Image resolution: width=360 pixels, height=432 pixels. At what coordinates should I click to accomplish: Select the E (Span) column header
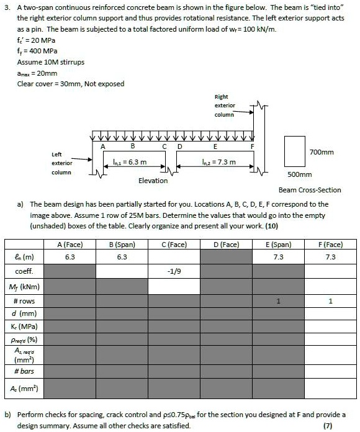[x=282, y=245]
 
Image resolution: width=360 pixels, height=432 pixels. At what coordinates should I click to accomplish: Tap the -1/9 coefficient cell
[x=174, y=271]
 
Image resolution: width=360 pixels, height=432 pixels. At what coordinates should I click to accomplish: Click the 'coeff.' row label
[x=23, y=271]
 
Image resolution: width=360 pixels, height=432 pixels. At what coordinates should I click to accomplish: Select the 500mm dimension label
[x=299, y=175]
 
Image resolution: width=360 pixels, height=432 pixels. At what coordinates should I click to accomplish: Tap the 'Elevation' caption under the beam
[x=153, y=181]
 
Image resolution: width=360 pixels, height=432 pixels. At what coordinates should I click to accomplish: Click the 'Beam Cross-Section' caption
[x=309, y=190]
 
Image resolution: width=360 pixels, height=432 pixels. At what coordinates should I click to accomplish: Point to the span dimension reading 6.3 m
[x=133, y=163]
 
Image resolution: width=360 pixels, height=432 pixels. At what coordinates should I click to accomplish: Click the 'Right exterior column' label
[x=224, y=106]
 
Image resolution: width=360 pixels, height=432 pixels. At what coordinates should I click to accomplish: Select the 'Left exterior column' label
[x=61, y=163]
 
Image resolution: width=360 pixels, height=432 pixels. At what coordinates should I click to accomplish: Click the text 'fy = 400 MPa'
[x=38, y=52]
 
